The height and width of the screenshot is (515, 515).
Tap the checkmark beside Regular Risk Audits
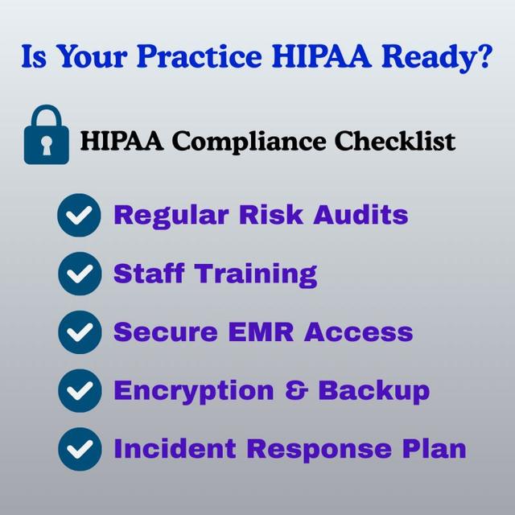pos(80,216)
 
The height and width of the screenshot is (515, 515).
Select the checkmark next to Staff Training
pos(80,274)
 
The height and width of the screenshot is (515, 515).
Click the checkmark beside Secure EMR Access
pos(80,332)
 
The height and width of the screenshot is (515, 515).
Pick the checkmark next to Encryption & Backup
pos(80,391)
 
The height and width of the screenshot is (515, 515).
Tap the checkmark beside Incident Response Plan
pos(80,449)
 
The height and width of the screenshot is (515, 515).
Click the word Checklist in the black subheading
pos(394,142)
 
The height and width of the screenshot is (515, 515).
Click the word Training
pos(257,274)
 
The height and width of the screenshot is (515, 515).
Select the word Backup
pos(373,390)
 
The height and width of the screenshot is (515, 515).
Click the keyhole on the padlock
pos(47,146)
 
